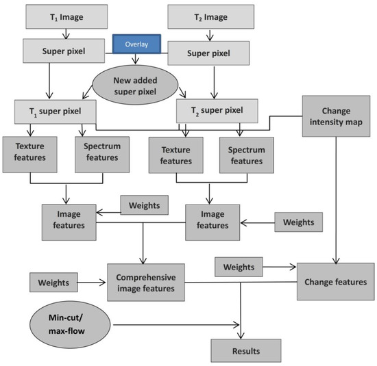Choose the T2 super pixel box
tap(219, 112)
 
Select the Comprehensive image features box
tap(145, 283)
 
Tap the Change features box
tap(335, 281)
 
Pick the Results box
tap(245, 351)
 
